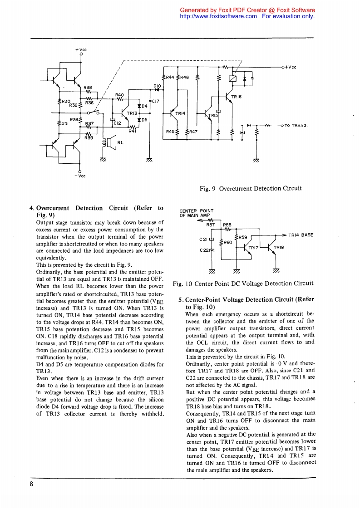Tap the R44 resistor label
[170, 78]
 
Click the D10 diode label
[157, 86]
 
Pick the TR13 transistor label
[132, 113]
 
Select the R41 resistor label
[133, 131]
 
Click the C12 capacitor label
[117, 122]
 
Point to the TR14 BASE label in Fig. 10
[301, 235]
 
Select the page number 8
[32, 484]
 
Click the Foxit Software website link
[219, 16]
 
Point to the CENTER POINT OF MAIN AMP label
[197, 213]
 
